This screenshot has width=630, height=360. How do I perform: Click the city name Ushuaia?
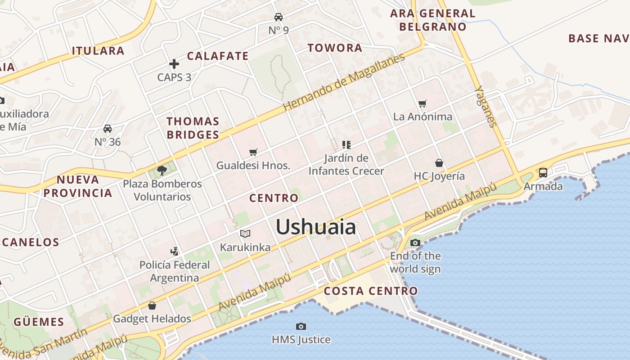(315, 227)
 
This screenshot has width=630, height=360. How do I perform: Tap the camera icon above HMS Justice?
(301, 326)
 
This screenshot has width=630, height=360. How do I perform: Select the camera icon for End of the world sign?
(415, 243)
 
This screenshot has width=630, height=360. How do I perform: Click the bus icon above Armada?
(543, 172)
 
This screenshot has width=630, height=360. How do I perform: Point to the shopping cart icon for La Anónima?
(422, 104)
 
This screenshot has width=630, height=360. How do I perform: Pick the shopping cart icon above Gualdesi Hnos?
(253, 153)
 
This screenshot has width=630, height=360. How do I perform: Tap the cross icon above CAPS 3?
(174, 64)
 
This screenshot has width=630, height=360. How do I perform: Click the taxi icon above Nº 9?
(279, 17)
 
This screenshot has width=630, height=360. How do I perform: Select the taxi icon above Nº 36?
(108, 129)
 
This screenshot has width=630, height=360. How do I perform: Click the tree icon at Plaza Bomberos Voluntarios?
(162, 171)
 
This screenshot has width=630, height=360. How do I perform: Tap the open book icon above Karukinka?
(245, 234)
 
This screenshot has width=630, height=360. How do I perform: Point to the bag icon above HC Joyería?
(439, 163)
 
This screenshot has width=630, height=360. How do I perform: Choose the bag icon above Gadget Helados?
(152, 306)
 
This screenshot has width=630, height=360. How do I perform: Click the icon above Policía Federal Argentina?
(175, 251)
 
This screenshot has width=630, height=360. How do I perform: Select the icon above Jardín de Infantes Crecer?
(346, 144)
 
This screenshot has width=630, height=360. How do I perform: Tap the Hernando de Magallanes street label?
(344, 81)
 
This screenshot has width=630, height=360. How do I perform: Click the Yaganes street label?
(486, 106)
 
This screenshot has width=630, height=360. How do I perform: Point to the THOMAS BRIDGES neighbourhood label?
(193, 128)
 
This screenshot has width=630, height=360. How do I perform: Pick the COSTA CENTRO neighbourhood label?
(371, 291)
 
